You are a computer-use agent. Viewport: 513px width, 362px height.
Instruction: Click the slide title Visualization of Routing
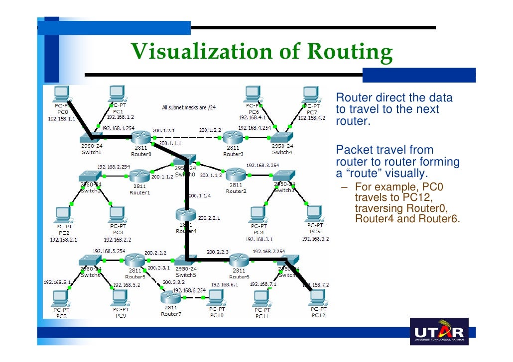click(x=261, y=52)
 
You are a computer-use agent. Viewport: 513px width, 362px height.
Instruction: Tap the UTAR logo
click(x=439, y=332)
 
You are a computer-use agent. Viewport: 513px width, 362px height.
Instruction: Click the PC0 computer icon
click(x=62, y=93)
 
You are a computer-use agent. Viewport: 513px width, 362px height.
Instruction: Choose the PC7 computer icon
click(x=311, y=93)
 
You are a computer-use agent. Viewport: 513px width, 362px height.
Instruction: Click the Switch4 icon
click(x=282, y=136)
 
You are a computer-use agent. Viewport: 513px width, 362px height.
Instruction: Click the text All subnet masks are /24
click(x=189, y=107)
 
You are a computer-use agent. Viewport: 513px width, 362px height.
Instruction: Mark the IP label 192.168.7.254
click(x=268, y=251)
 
